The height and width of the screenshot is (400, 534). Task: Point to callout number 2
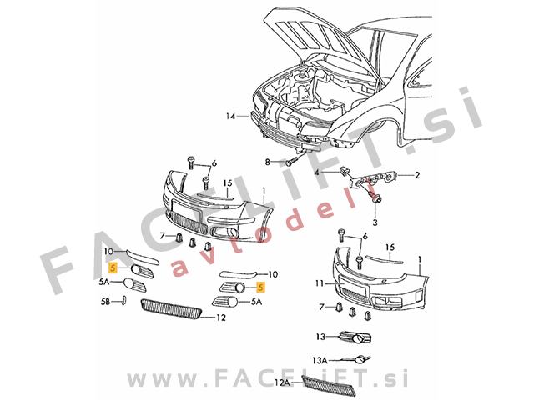tap(417, 176)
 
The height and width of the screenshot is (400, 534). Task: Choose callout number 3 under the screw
tap(375, 223)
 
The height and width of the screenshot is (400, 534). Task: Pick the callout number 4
tap(317, 172)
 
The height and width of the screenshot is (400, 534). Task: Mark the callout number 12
tap(221, 317)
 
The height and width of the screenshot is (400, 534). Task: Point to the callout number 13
tap(320, 337)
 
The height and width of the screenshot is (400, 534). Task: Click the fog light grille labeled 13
tap(354, 338)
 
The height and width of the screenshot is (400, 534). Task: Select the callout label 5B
tap(106, 300)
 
